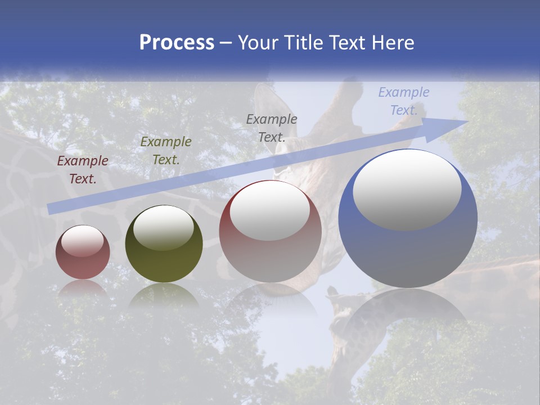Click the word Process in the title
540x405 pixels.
point(177,43)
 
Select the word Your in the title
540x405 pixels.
point(257,43)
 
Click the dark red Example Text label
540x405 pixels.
point(83,170)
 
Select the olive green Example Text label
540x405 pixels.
point(166,151)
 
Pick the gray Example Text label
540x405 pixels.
point(272,128)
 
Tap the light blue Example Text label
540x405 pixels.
point(403,101)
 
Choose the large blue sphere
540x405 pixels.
point(408,247)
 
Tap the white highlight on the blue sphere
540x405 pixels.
point(407,189)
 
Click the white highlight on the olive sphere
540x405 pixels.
point(164,227)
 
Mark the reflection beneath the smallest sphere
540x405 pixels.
point(83,289)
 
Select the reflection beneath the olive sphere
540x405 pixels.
point(164,295)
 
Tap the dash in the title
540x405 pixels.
point(226,43)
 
